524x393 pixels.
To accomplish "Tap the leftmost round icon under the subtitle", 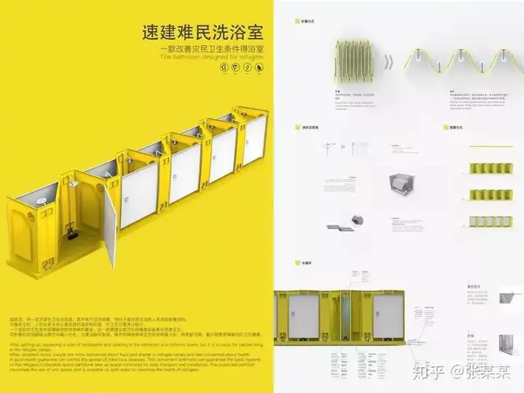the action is click(223, 68).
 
